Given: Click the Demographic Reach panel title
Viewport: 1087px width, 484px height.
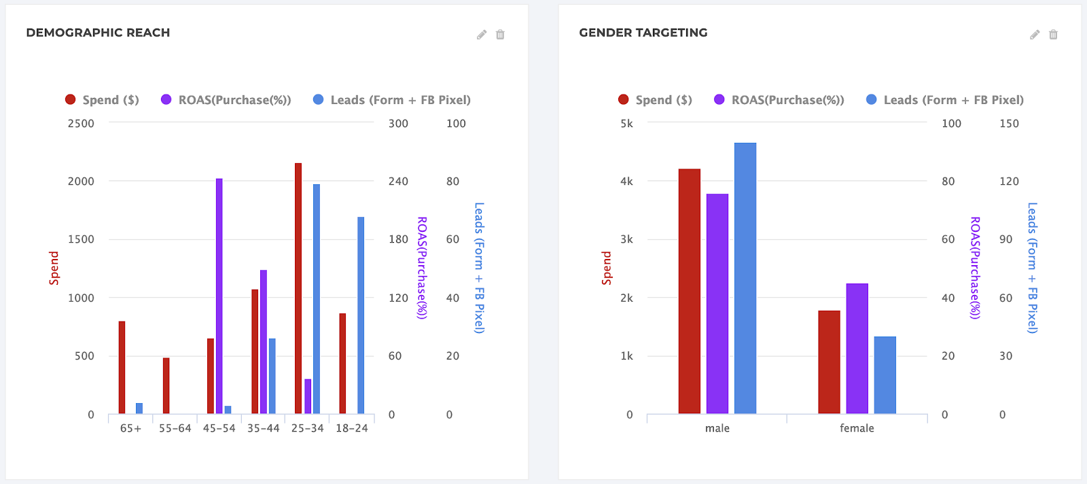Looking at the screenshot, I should (98, 33).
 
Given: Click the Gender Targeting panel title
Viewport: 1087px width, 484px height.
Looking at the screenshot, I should (643, 33).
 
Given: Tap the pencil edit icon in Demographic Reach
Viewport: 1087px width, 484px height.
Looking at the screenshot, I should (482, 35).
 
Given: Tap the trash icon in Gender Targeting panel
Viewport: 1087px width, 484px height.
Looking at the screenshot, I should (1053, 35).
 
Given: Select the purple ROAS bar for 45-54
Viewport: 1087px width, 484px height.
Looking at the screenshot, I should (219, 296).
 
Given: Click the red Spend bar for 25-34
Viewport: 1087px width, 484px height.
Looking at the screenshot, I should (298, 288).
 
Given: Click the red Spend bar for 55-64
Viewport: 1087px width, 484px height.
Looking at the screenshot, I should (166, 385).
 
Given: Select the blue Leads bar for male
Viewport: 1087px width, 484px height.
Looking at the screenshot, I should (745, 278).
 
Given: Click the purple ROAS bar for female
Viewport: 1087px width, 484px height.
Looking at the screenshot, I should (857, 348).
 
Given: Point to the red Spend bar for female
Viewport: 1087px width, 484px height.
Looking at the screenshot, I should (829, 362).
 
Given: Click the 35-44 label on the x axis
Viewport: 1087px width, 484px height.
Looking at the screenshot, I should (263, 428).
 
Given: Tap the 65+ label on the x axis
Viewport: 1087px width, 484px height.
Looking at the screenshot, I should (130, 428).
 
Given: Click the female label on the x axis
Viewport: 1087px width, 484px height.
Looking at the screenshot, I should (857, 428).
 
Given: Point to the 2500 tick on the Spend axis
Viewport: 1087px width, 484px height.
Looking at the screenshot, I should (81, 124).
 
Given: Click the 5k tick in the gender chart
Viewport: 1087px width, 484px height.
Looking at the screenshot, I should (626, 124).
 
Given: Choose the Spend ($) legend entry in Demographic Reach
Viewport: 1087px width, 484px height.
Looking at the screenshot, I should (103, 100).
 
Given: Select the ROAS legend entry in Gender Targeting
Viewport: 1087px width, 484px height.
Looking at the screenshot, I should (779, 100).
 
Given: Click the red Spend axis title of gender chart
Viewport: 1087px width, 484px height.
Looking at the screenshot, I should (606, 268).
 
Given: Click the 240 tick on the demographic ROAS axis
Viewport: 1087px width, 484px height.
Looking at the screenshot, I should (398, 181).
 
